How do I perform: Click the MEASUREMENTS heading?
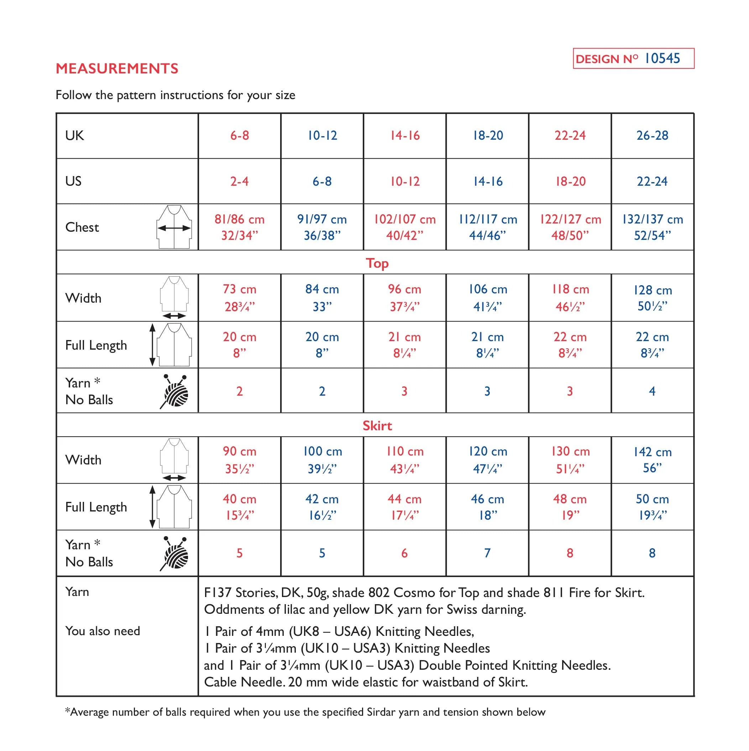pos(117,68)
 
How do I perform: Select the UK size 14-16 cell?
pos(405,136)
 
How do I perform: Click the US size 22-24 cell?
pos(652,181)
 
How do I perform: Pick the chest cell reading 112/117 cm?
pos(487,227)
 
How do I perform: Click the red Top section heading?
pos(377,263)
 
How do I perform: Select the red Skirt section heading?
pos(377,426)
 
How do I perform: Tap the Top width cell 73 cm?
pos(239,298)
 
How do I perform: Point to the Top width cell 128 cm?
pos(652,298)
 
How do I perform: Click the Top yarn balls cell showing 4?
pos(652,391)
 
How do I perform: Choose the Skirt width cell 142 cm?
pos(652,460)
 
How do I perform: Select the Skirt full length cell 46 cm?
pos(487,507)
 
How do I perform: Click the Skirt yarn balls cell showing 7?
pos(487,553)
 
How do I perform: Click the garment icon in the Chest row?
pos(174,227)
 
